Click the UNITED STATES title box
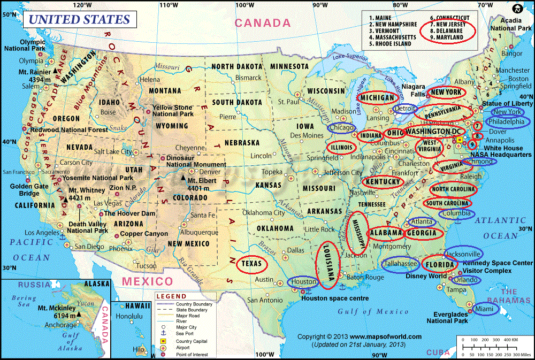(x=79, y=20)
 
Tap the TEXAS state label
(x=252, y=264)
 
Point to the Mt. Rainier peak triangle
(x=55, y=71)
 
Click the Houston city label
(x=304, y=281)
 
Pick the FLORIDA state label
(x=440, y=264)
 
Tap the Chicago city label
(x=342, y=128)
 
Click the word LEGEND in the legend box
(x=171, y=296)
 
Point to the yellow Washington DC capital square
(x=459, y=140)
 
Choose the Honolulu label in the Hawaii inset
(x=129, y=316)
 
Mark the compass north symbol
(x=517, y=9)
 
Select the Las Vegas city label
(x=107, y=203)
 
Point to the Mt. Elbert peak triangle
(x=184, y=179)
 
